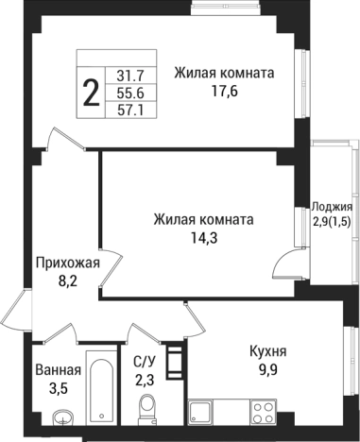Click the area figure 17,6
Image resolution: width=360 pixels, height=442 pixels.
tap(223, 93)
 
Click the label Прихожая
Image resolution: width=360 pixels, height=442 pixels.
tap(67, 262)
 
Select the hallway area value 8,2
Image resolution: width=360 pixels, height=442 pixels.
tap(67, 280)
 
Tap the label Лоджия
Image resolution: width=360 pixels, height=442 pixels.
tap(333, 206)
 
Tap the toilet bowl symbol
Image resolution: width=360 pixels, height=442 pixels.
tap(146, 409)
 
